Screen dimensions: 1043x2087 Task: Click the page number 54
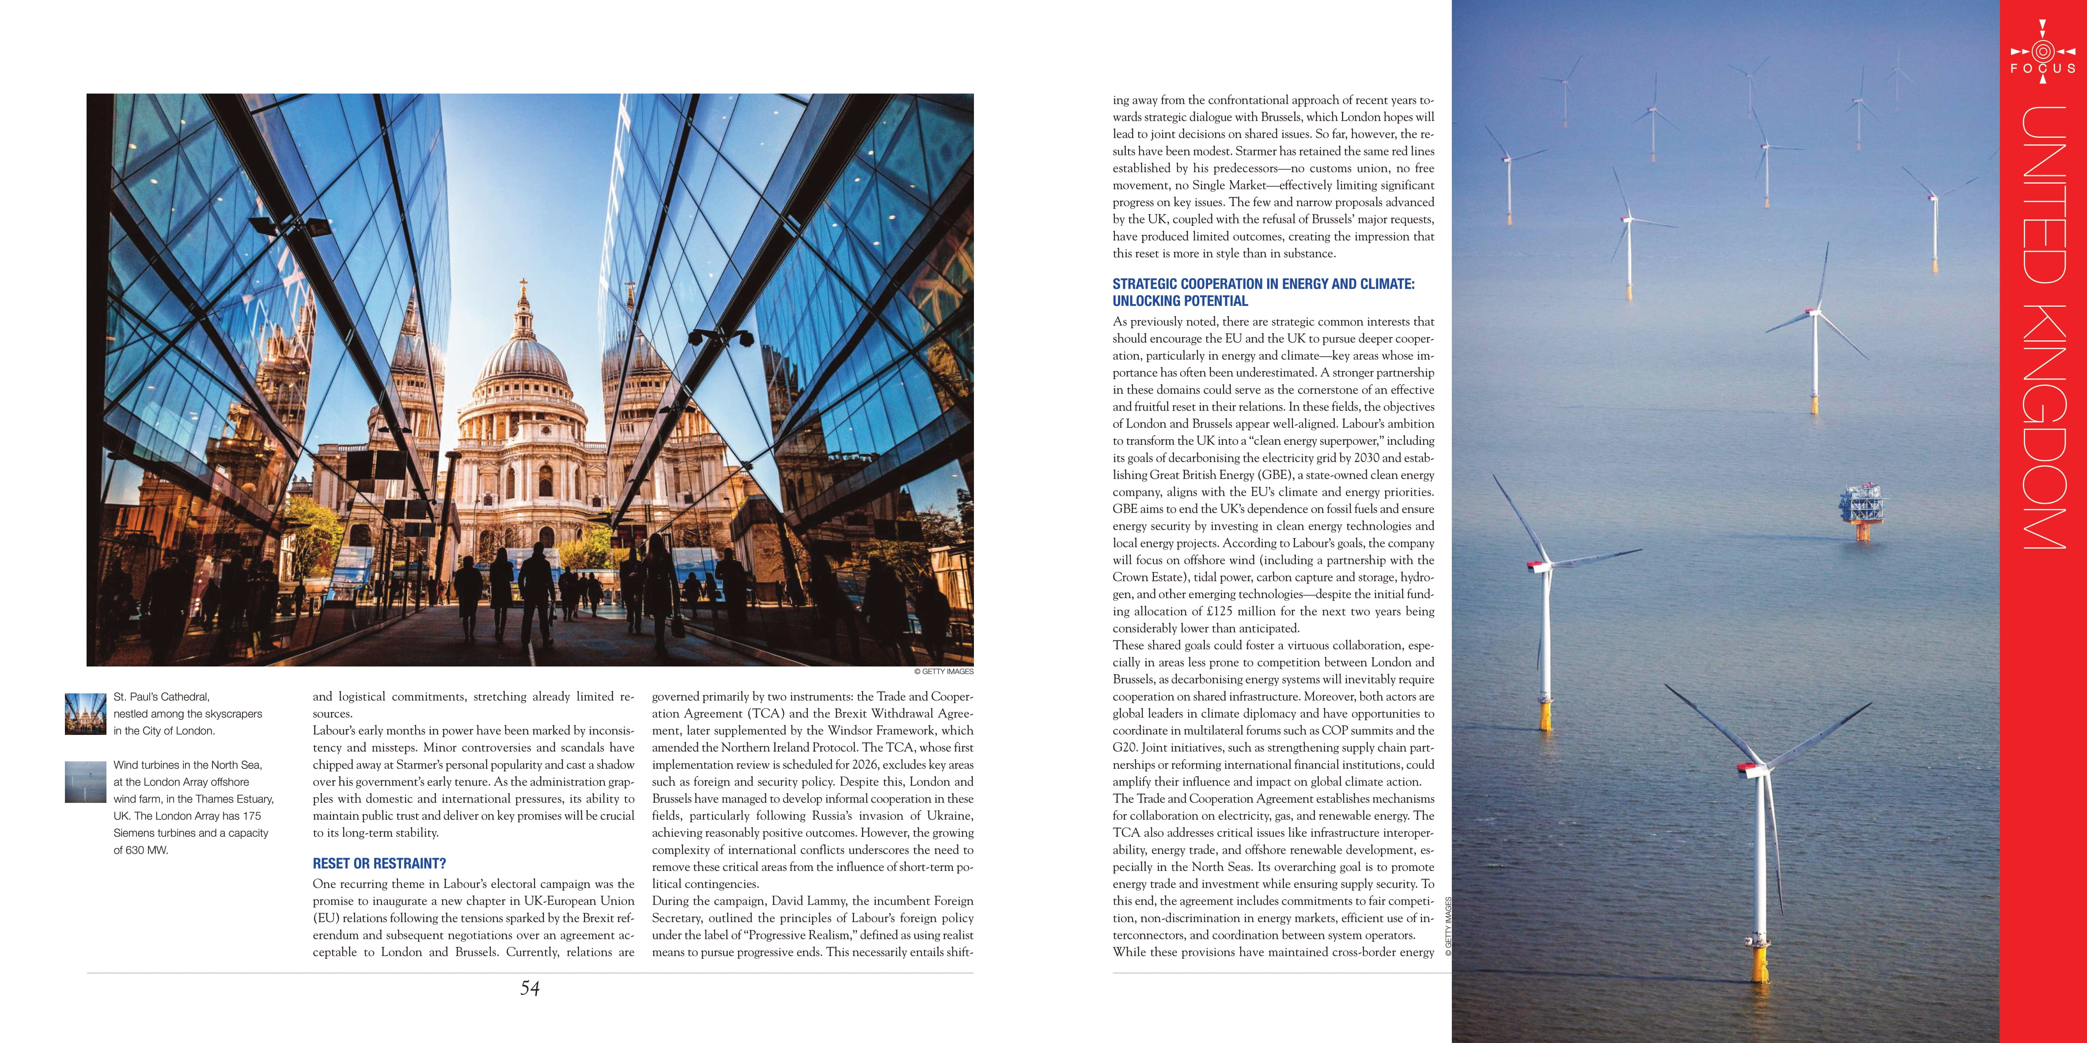pyautogui.click(x=530, y=988)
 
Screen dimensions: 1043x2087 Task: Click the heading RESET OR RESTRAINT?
pyautogui.click(x=379, y=863)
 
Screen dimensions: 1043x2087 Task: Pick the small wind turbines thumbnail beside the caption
pyautogui.click(x=85, y=782)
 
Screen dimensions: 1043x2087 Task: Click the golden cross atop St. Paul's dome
pyautogui.click(x=523, y=286)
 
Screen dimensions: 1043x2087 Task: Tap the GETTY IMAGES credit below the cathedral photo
pyautogui.click(x=944, y=671)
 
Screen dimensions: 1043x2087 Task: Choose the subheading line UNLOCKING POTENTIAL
pyautogui.click(x=1180, y=301)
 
